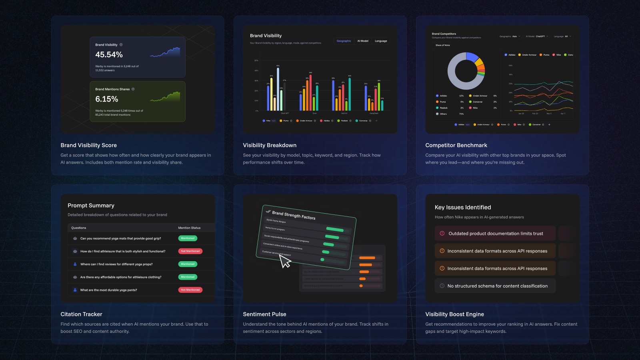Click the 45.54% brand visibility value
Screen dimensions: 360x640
point(109,55)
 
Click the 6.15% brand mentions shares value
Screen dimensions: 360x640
point(106,99)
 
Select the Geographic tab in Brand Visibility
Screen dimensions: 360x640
point(344,41)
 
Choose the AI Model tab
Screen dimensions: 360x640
point(363,41)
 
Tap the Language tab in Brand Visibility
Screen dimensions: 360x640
point(381,41)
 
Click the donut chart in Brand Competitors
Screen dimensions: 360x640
point(466,71)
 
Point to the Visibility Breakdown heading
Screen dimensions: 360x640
point(270,145)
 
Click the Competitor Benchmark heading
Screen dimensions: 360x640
point(456,145)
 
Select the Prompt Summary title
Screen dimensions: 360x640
point(91,206)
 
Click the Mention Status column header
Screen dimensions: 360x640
point(189,228)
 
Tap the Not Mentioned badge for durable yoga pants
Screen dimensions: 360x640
point(190,290)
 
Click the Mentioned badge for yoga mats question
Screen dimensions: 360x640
point(188,238)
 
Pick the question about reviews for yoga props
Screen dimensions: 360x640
point(116,264)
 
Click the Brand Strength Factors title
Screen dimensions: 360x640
point(294,215)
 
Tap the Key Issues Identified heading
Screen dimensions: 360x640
point(463,208)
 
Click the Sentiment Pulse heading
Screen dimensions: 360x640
point(264,314)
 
